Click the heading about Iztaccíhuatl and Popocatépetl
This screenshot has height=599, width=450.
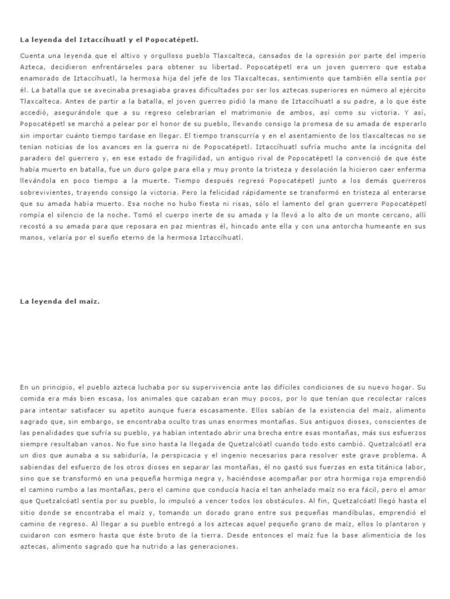109,40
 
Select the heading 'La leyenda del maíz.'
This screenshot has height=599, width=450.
60,301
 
